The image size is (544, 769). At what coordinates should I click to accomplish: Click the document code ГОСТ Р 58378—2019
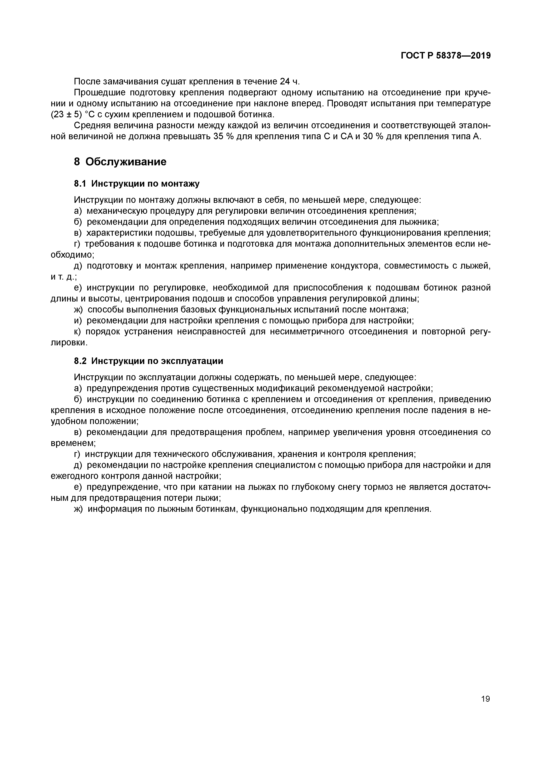coord(446,56)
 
